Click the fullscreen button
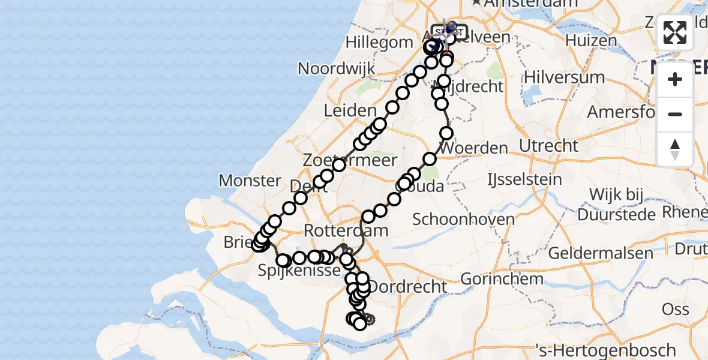pyautogui.click(x=675, y=33)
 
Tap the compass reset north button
pyautogui.click(x=675, y=149)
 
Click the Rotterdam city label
pyautogui.click(x=346, y=230)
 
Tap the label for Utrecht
pyautogui.click(x=548, y=145)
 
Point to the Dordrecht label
pyautogui.click(x=409, y=287)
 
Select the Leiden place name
pyautogui.click(x=350, y=110)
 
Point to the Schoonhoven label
pyautogui.click(x=463, y=219)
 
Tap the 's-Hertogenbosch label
pyautogui.click(x=607, y=350)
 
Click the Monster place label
pyautogui.click(x=250, y=180)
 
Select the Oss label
pyautogui.click(x=675, y=310)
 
